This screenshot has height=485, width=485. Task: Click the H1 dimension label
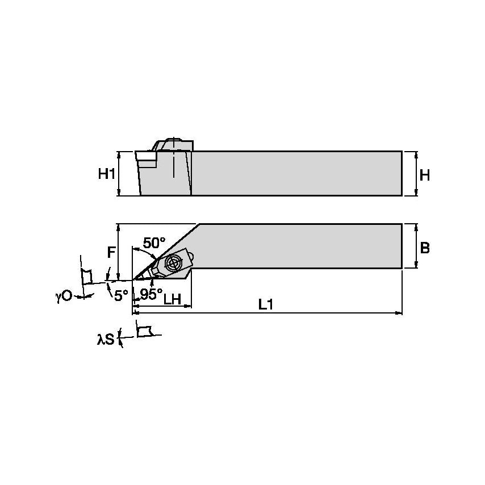[106, 175]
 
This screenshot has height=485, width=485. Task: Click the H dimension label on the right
[424, 175]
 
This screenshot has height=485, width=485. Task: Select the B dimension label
[424, 248]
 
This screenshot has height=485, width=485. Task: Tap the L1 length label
[266, 305]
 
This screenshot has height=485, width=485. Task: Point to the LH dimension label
[172, 298]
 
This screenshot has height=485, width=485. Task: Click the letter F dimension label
[112, 252]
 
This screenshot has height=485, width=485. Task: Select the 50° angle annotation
[153, 243]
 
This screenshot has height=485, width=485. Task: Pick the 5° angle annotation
[120, 295]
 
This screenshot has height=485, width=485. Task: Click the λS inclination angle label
[106, 340]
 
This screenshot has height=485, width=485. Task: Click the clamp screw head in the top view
[172, 263]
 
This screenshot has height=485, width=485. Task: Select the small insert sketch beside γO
[86, 276]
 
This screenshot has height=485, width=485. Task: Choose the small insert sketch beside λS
[145, 330]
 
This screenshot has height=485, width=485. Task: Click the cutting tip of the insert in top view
[134, 279]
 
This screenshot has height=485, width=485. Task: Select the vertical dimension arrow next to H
[417, 174]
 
